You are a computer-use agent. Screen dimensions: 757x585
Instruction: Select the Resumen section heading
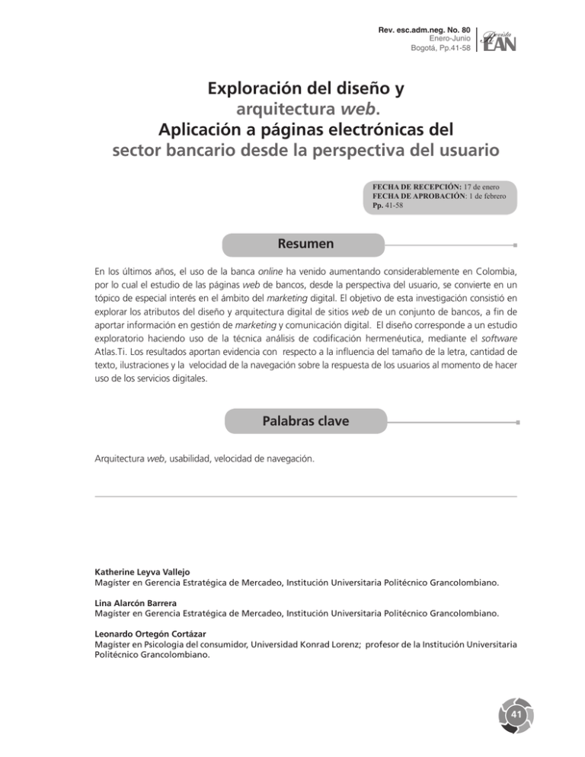(292, 245)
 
